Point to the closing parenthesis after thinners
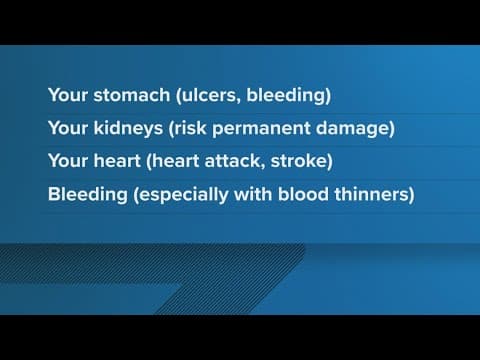tap(410, 195)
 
